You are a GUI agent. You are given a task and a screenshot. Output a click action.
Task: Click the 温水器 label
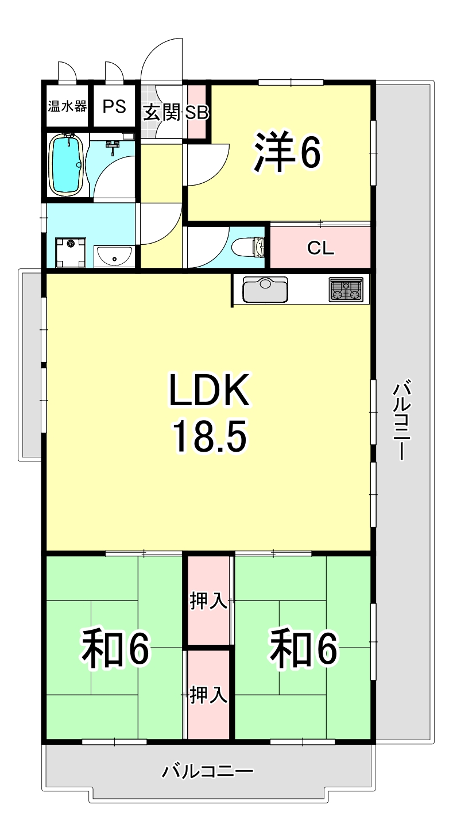pyautogui.click(x=67, y=107)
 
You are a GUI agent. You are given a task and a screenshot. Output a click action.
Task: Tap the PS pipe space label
pyautogui.click(x=114, y=107)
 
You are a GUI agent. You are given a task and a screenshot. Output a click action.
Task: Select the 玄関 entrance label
pyautogui.click(x=162, y=113)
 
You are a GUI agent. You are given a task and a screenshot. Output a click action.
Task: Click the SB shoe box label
pyautogui.click(x=196, y=113)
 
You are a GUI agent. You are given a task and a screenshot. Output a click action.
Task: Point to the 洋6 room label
pyautogui.click(x=287, y=151)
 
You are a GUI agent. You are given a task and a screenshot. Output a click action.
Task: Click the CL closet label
pyautogui.click(x=320, y=248)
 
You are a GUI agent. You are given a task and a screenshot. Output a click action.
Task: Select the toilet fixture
pyautogui.click(x=249, y=248)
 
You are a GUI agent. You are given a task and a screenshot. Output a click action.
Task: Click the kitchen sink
pyautogui.click(x=265, y=289)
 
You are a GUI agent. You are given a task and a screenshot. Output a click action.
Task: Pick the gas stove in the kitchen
pyautogui.click(x=346, y=290)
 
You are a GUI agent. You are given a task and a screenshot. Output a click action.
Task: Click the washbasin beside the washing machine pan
pyautogui.click(x=114, y=256)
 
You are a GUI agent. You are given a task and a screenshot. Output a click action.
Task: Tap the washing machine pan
pyautogui.click(x=70, y=252)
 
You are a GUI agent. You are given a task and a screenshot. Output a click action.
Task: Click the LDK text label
pyautogui.click(x=210, y=390)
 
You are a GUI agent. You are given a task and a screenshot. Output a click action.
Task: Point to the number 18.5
pyautogui.click(x=210, y=436)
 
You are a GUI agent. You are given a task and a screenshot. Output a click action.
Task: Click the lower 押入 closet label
pyautogui.click(x=209, y=695)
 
